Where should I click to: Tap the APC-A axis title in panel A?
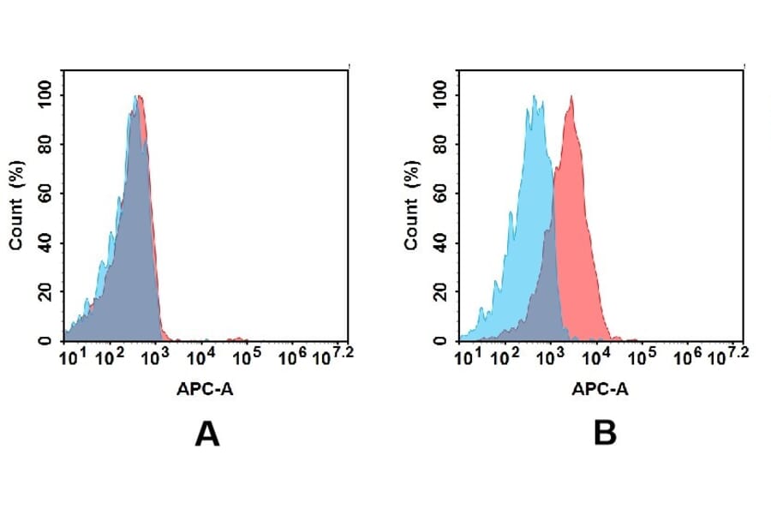[x=206, y=389]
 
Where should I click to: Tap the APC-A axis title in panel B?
[x=601, y=389]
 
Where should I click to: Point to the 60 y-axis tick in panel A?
[x=45, y=193]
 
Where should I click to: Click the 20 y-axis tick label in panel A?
[x=45, y=291]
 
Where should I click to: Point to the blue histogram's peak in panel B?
[x=534, y=98]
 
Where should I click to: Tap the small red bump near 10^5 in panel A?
[x=239, y=338]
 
